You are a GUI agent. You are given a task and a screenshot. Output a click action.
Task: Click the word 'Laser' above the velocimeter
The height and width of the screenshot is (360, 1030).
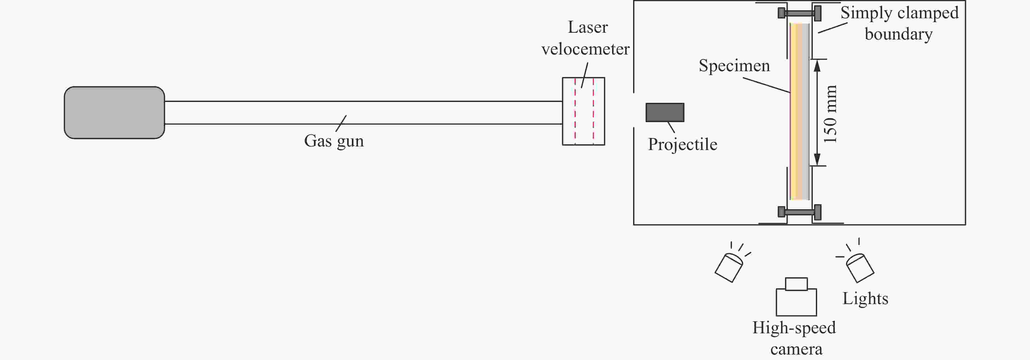(588, 27)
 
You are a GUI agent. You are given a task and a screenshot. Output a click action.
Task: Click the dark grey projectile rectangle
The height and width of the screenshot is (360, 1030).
(665, 112)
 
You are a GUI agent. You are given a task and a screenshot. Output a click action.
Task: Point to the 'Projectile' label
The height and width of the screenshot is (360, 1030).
(683, 144)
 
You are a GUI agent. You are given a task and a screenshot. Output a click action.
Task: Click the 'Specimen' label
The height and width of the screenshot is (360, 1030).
(734, 66)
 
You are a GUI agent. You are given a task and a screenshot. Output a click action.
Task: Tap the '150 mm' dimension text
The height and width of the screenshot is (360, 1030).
(830, 114)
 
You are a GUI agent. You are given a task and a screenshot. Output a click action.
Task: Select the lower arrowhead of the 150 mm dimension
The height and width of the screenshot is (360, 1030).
(817, 159)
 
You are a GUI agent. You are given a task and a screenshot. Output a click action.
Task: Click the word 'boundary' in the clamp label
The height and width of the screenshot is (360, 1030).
(898, 34)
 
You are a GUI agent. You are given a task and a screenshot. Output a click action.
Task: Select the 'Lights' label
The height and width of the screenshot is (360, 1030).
(865, 298)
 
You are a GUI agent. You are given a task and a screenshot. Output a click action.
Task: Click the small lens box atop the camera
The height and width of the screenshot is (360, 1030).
(796, 284)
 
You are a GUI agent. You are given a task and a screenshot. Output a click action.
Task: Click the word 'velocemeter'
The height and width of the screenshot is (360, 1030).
(585, 49)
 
